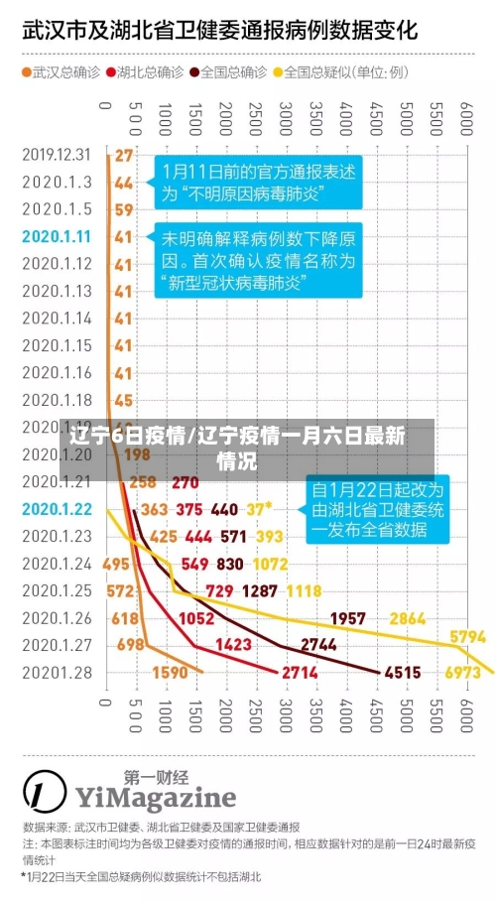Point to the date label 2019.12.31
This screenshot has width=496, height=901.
56,155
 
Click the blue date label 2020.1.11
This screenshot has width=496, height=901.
56,236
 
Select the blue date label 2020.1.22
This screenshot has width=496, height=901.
56,509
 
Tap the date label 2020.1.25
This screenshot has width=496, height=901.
56,590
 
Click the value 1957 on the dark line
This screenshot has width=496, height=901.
347,617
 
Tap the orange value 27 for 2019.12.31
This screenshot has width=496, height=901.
123,155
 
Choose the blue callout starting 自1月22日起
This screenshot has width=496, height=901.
378,509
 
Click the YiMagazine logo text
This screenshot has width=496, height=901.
155,797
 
